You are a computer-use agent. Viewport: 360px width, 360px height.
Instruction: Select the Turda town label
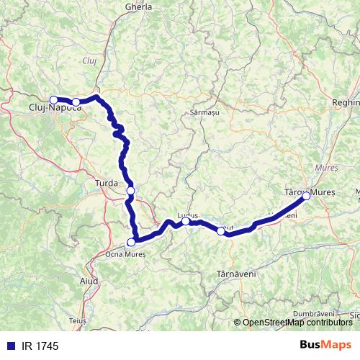[x=107, y=184]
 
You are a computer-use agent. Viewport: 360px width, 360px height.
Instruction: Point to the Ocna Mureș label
[x=125, y=254]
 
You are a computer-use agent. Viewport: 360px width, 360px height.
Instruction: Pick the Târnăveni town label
[x=236, y=274]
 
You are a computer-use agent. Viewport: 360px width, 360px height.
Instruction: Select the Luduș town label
[x=186, y=214]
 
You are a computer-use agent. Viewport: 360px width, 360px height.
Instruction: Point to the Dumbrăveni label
[x=314, y=314]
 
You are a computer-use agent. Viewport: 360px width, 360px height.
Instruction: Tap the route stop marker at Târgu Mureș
[x=306, y=196]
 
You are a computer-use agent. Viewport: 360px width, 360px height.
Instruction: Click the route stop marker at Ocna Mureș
[x=131, y=243]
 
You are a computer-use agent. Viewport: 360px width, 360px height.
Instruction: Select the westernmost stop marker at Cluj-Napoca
[x=53, y=100]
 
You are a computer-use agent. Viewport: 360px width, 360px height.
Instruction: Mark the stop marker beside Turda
[x=130, y=190]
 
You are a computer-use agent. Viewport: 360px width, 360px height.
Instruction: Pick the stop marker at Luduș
[x=185, y=221]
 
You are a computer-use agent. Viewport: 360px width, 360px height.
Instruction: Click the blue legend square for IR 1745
[x=11, y=346]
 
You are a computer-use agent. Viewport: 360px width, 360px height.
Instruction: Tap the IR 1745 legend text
[x=40, y=346]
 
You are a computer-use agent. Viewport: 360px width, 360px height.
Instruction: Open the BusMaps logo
[x=325, y=346]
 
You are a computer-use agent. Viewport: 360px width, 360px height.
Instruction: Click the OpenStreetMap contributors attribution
[x=297, y=323]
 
